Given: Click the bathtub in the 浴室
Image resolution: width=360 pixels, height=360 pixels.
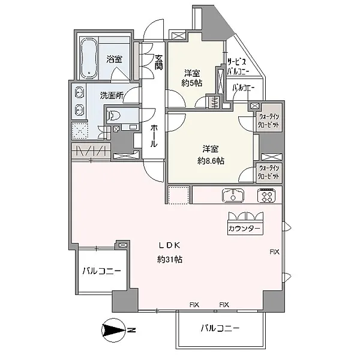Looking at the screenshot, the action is [89, 58].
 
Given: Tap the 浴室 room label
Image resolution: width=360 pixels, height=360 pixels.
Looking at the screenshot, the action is [114, 59].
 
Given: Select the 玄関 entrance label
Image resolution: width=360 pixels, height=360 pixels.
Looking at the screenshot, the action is [158, 62].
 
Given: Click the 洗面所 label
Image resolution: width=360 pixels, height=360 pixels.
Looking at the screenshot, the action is [112, 95].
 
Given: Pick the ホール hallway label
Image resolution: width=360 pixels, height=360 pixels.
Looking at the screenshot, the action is [154, 136].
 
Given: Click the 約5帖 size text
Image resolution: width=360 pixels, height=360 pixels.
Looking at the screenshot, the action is [192, 83].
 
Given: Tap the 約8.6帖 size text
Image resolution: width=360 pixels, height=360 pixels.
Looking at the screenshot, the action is [211, 161].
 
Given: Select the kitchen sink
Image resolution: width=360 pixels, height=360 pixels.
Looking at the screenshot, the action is [233, 196].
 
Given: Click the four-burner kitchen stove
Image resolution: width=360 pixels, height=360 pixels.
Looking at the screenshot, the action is [266, 196].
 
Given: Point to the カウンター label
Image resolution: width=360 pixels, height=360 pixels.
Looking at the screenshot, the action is [245, 229].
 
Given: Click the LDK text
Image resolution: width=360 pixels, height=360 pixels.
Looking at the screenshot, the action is [170, 245].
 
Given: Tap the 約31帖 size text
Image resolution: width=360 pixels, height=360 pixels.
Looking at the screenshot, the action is [170, 259].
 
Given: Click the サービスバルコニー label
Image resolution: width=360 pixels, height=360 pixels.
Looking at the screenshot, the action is [238, 67].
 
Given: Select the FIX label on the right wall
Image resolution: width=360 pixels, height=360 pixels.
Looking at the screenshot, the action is [274, 252].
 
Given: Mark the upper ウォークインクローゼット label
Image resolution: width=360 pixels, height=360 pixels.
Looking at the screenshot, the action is [269, 121].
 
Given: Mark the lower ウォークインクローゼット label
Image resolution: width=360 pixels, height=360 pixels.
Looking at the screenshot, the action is [269, 172].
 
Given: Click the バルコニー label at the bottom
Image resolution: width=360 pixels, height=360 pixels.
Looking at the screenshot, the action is [220, 328].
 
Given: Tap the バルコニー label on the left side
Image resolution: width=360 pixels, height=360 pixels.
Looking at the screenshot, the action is [102, 271].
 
